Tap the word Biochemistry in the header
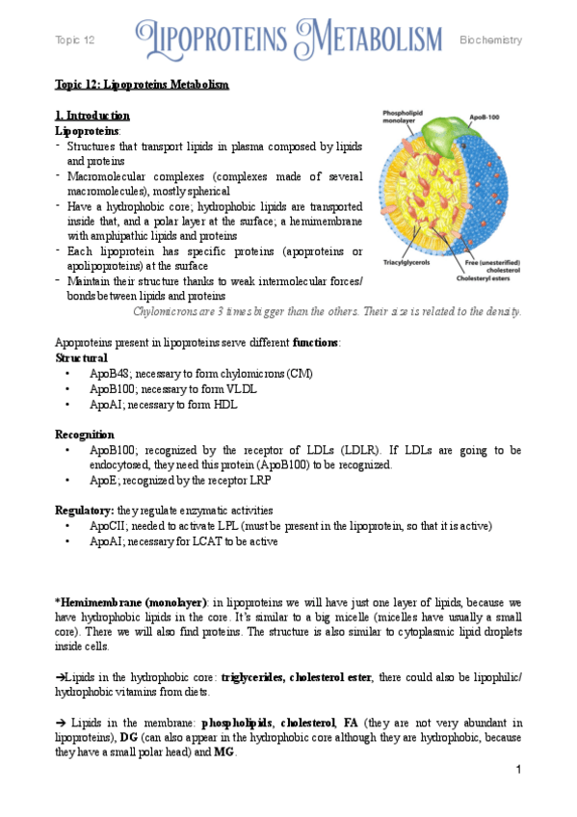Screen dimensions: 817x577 click(x=490, y=40)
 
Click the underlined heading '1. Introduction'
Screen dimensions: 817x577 click(x=92, y=116)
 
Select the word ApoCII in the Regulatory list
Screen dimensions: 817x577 click(x=108, y=526)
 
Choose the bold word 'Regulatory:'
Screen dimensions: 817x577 click(x=85, y=510)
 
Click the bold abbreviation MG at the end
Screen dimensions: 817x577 click(x=223, y=751)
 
